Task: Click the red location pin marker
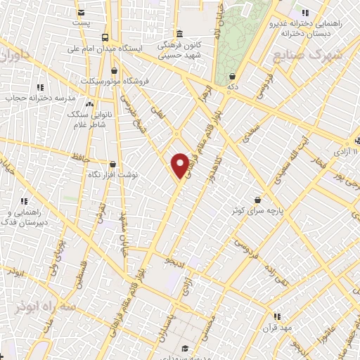pyautogui.click(x=180, y=165)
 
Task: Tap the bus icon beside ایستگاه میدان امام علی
pyautogui.click(x=104, y=37)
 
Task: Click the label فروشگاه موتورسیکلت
pyautogui.click(x=113, y=81)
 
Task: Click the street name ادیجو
pyautogui.click(x=174, y=262)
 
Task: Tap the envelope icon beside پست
pyautogui.click(x=82, y=13)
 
